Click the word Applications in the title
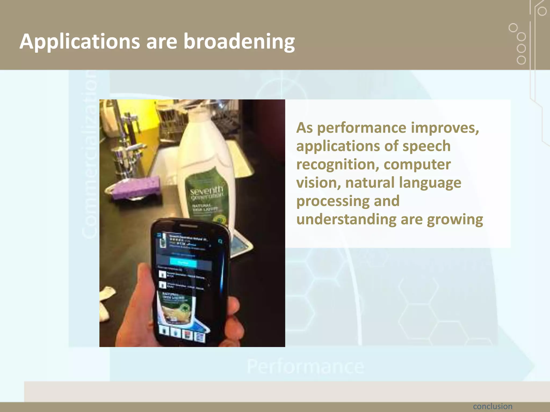click(79, 42)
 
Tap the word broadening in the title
click(239, 42)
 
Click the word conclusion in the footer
click(493, 406)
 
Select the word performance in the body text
click(361, 128)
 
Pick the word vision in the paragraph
click(318, 183)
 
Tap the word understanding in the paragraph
click(346, 219)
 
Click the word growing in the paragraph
click(455, 219)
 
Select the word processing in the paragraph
click(333, 201)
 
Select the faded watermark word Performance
click(305, 367)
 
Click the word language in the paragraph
click(430, 183)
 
